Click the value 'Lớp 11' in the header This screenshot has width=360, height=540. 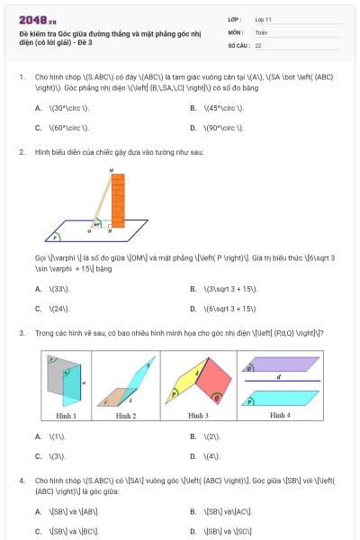coord(263,19)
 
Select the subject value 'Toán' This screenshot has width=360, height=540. coord(261,31)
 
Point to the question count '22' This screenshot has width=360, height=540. coord(258,44)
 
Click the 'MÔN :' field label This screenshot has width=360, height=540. coord(235,31)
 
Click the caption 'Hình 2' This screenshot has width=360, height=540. coord(126,416)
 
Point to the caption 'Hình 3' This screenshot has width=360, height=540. coord(198,416)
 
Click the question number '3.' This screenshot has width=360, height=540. coord(22,334)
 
